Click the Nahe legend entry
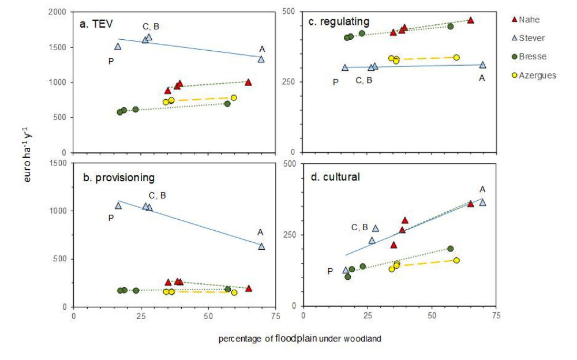pyautogui.click(x=529, y=20)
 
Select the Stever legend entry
pyautogui.click(x=531, y=38)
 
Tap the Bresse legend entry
pyautogui.click(x=531, y=57)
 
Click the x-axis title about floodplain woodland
pyautogui.click(x=299, y=339)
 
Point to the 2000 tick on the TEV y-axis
pyautogui.click(x=59, y=12)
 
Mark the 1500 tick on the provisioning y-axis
pyautogui.click(x=59, y=163)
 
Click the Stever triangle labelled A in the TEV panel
pyautogui.click(x=261, y=59)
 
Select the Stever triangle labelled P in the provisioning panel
pyautogui.click(x=118, y=205)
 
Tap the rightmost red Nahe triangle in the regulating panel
pyautogui.click(x=470, y=20)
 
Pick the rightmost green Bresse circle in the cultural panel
pyautogui.click(x=451, y=249)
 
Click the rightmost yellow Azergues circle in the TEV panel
pyautogui.click(x=234, y=98)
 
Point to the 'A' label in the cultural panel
pyautogui.click(x=482, y=189)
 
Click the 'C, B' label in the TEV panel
pyautogui.click(x=151, y=27)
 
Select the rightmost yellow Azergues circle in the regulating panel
pyautogui.click(x=456, y=57)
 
